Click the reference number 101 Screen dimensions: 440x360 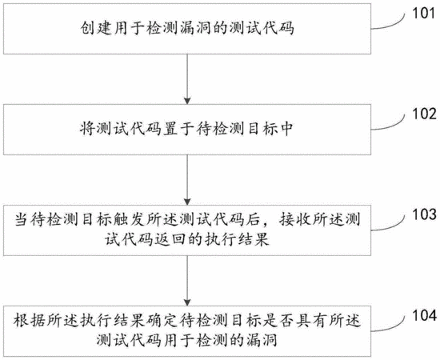tap(424, 13)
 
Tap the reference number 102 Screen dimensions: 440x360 tap(424, 114)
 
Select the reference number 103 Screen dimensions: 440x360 tap(424, 214)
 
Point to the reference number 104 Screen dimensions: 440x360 tap(424, 315)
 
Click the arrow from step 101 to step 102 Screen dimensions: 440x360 tap(187, 79)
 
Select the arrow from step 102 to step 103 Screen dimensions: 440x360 tap(187, 180)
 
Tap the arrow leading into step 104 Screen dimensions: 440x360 tap(187, 281)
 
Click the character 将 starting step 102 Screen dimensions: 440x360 tap(88, 130)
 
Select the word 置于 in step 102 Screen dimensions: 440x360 tap(178, 130)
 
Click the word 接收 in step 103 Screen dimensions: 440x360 tap(294, 220)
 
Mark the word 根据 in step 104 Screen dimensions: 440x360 tap(30, 321)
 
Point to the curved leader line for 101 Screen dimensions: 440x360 tap(390, 25)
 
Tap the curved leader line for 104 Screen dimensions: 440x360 tap(390, 326)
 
